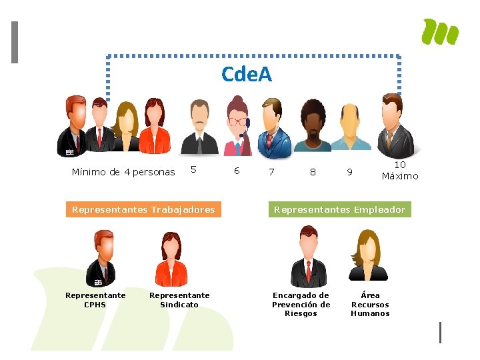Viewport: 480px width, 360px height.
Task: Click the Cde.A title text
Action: [x=247, y=74]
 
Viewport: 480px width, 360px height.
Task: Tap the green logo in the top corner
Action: [x=440, y=32]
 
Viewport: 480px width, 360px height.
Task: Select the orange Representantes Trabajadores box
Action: [x=143, y=209]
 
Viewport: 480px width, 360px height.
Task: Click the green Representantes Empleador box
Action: [x=339, y=209]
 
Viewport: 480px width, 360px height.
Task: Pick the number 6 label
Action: [x=236, y=171]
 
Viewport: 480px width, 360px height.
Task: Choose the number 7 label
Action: [x=271, y=172]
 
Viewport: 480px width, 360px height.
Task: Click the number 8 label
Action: [x=313, y=172]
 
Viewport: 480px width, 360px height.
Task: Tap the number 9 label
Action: [x=349, y=172]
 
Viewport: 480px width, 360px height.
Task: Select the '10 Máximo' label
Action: [x=400, y=171]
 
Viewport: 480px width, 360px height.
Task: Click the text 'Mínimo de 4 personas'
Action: [x=123, y=172]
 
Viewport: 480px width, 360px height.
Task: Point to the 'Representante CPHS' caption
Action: [x=95, y=300]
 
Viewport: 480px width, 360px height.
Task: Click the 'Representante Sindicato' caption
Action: [x=179, y=300]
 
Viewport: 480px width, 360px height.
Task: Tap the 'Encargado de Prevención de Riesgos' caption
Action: [x=301, y=304]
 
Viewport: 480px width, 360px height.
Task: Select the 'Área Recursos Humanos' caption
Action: [x=370, y=304]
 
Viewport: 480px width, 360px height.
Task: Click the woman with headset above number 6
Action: [x=237, y=125]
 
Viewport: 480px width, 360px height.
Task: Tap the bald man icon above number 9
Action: [x=351, y=127]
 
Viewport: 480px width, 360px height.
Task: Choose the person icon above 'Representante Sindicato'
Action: [x=171, y=259]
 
